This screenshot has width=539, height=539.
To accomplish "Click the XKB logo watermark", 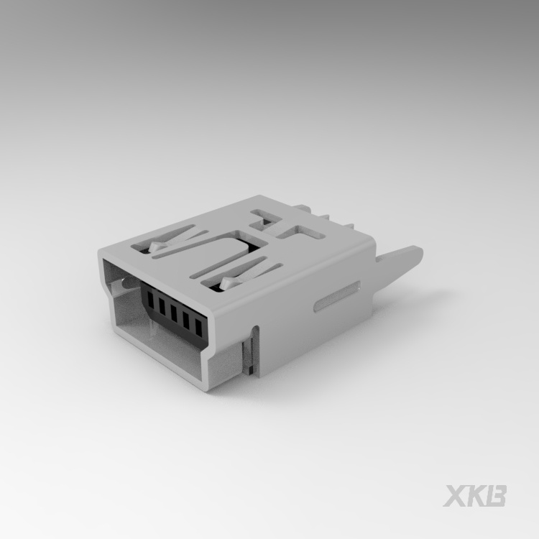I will pos(475,496).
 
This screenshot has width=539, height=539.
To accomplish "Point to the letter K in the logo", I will pos(476,496).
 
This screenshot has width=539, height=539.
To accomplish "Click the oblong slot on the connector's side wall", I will pos(337,297).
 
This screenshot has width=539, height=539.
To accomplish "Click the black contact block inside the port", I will pos(173,311).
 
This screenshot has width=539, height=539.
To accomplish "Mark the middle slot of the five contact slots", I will pos(173,312).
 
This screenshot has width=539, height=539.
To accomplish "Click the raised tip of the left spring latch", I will pos(157,249).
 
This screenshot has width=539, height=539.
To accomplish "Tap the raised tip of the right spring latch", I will pos(228,284).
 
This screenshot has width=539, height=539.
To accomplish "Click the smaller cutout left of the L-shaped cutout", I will pos(262,216).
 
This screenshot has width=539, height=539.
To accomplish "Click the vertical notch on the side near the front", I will pos(249,351).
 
